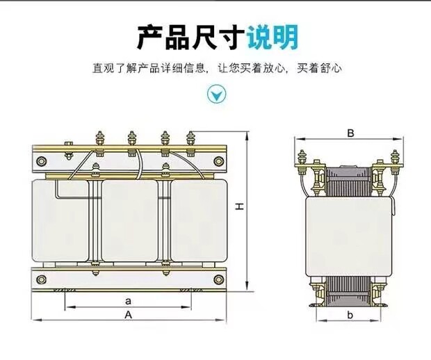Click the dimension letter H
coord(238,207)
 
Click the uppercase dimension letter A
coord(129,314)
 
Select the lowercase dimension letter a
coord(129,301)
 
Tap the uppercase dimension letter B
coord(351,133)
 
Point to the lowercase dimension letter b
coord(350,315)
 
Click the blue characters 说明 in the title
coord(273,37)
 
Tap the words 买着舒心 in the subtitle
coord(319,68)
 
